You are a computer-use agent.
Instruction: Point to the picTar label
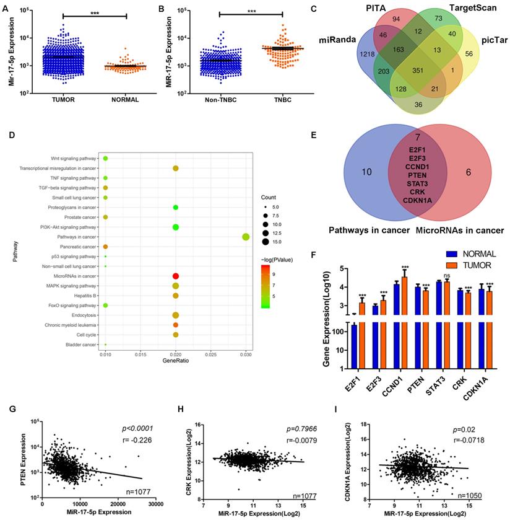pos(493,40)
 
